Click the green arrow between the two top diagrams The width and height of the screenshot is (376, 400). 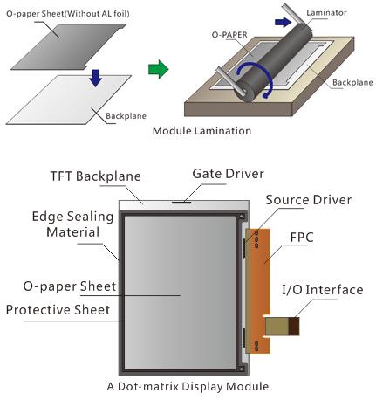tap(159, 69)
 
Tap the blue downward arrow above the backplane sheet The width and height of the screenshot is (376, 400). tap(95, 78)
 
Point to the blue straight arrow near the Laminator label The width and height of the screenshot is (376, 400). tap(283, 22)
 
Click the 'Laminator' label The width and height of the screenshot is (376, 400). tap(326, 13)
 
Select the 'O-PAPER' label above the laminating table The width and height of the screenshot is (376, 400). tap(229, 35)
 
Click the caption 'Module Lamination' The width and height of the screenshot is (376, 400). tap(202, 131)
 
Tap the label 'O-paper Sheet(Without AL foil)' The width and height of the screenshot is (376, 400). tap(68, 14)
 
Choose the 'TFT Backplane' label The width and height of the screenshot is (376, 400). tap(96, 176)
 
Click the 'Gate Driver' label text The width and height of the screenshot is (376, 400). tap(229, 174)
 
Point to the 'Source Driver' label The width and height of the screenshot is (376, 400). tap(309, 200)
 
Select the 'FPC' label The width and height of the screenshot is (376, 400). tap(302, 238)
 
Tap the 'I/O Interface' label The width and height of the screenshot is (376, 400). tap(323, 290)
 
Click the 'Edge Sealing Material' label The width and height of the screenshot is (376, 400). tap(72, 224)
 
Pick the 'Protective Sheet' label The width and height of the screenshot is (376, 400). tap(58, 310)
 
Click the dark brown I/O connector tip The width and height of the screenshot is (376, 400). tap(294, 326)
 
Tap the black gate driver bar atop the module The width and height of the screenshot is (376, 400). tap(181, 202)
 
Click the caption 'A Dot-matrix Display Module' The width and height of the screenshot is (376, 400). tap(188, 387)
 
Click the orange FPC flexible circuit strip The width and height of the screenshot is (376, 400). tap(260, 291)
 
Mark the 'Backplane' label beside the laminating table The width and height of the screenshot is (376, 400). tap(352, 83)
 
